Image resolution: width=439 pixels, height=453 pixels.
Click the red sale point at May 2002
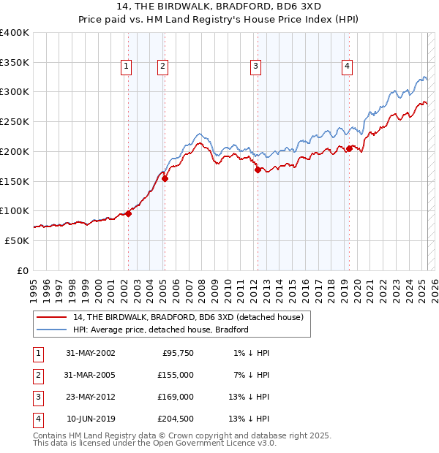coord(128,213)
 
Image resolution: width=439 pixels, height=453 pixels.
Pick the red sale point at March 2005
coord(165,178)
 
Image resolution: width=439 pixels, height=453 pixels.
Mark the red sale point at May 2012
coord(258,170)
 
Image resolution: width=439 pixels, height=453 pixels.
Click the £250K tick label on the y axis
coord(15,122)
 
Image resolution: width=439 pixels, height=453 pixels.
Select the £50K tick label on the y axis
coord(18,240)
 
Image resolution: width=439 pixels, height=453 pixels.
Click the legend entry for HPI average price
coord(161,330)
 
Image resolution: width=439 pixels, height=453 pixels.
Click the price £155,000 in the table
coord(176,375)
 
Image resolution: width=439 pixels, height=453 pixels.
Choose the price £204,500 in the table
coord(176,419)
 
